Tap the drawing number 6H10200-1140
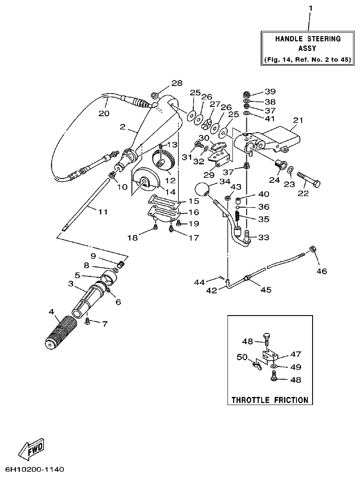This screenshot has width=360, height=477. [x=35, y=470]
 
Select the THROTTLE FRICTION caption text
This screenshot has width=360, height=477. [x=269, y=400]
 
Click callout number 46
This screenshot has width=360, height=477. [x=322, y=271]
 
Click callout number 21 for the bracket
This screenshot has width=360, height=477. [x=298, y=120]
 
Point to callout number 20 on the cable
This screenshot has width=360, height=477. [x=104, y=113]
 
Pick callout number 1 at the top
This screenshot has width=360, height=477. [x=310, y=8]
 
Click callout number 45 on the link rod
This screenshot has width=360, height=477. [x=266, y=289]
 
